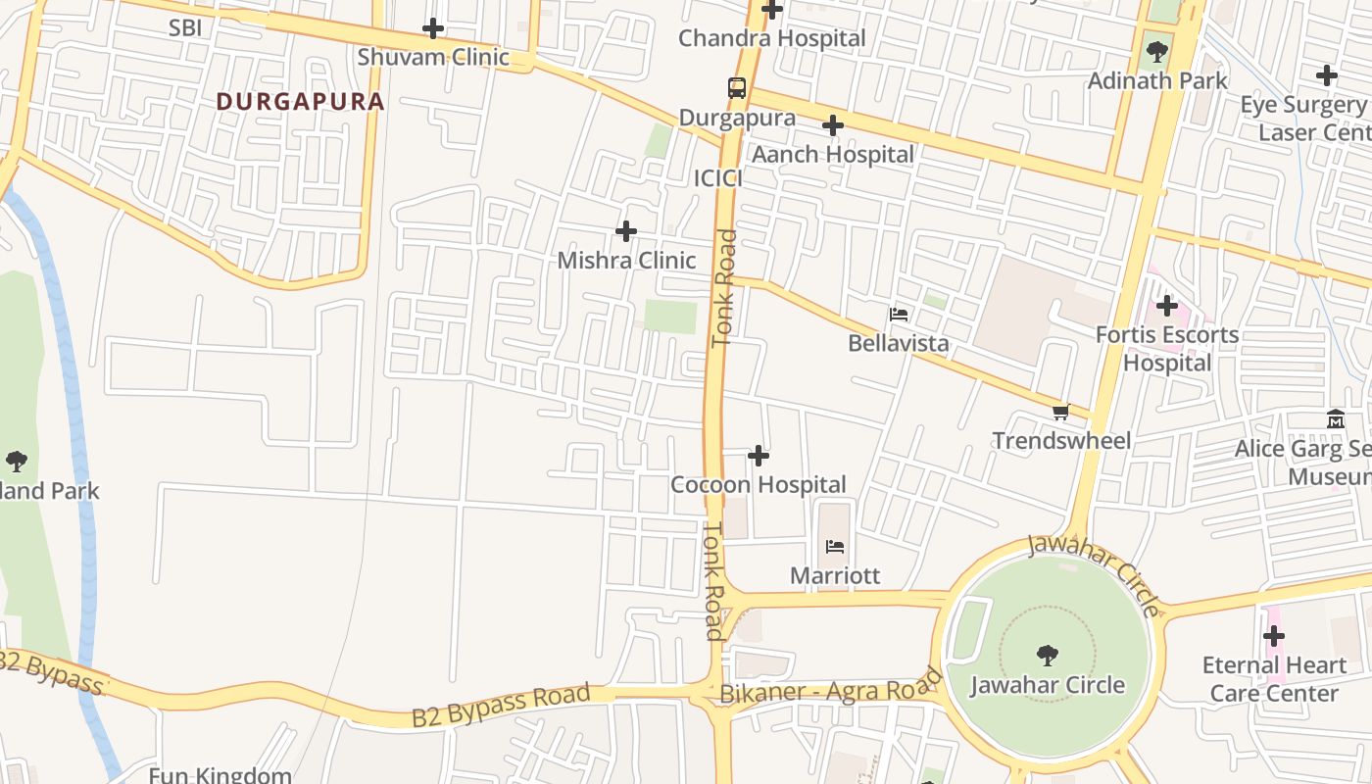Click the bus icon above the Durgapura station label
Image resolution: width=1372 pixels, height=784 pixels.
coord(737,88)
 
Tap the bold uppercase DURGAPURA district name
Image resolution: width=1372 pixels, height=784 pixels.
coord(300,101)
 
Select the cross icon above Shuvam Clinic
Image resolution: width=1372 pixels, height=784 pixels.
coord(433,28)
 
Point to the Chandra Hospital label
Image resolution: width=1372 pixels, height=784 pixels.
coord(772,38)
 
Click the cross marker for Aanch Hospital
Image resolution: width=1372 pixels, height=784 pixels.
coord(833,125)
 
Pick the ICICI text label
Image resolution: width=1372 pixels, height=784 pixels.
coord(718,178)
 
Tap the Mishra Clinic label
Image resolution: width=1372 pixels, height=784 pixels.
coord(626,260)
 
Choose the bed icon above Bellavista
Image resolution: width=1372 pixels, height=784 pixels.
coord(899,315)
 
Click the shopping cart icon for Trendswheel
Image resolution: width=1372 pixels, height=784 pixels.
coord(1060,412)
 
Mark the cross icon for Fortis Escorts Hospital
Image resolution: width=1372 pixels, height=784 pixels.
coord(1166,306)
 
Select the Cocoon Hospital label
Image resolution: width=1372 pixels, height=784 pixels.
coord(758,484)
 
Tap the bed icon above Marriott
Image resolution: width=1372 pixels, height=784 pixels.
coord(835,546)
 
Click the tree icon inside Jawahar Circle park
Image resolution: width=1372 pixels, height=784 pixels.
coord(1047,655)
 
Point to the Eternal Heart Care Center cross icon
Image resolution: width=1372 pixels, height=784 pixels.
coord(1273,636)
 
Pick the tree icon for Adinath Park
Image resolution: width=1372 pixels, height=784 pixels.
coord(1157,51)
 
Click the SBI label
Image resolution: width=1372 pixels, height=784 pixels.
coord(185,27)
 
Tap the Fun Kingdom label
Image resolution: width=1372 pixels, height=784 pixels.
coord(220,774)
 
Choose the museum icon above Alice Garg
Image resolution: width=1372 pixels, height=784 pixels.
coord(1335,419)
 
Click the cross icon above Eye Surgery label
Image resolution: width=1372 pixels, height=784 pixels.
coord(1327,75)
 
